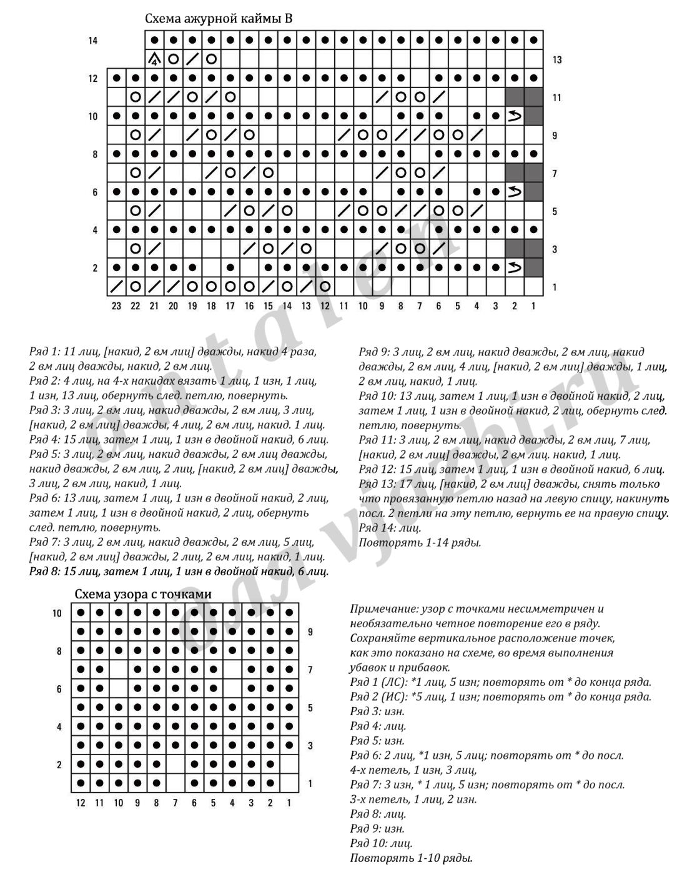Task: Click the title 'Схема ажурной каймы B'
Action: pos(219,19)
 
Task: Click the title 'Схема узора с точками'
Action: pos(143,594)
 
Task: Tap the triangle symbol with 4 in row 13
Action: pos(154,59)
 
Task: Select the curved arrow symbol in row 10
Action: pos(515,116)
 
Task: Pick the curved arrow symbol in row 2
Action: pos(515,268)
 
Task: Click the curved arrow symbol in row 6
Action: pos(515,192)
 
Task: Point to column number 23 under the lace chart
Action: pos(116,306)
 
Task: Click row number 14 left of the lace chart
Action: pos(93,41)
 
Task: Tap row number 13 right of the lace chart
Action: pos(557,60)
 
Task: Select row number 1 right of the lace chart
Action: pos(555,287)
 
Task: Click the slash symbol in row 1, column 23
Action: pos(116,287)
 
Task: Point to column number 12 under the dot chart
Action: pos(81,803)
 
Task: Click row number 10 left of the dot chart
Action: pos(57,613)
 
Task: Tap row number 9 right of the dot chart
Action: pos(310,632)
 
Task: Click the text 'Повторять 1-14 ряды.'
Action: pos(420,542)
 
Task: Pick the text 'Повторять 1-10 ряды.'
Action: pos(412,858)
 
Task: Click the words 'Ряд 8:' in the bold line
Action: pos(45,571)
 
